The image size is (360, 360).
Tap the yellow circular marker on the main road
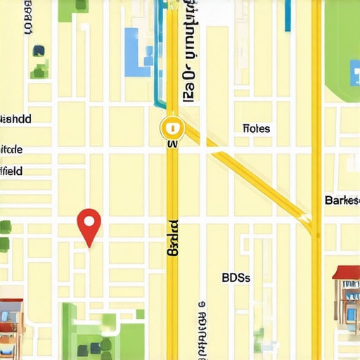pyautogui.click(x=171, y=127)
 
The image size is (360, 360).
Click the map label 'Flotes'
pyautogui.click(x=256, y=129)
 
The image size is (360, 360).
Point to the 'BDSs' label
pyautogui.click(x=236, y=277)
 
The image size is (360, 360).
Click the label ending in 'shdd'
pyautogui.click(x=15, y=119)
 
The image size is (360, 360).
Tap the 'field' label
pyautogui.click(x=11, y=171)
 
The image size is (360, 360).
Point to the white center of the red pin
pyautogui.click(x=89, y=221)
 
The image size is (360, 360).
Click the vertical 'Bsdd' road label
pyautogui.click(x=173, y=239)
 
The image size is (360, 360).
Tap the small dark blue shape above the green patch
pyautogui.click(x=39, y=51)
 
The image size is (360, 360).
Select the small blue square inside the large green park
pyautogui.click(x=92, y=349)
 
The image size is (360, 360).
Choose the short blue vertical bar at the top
pyautogui.click(x=288, y=14)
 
